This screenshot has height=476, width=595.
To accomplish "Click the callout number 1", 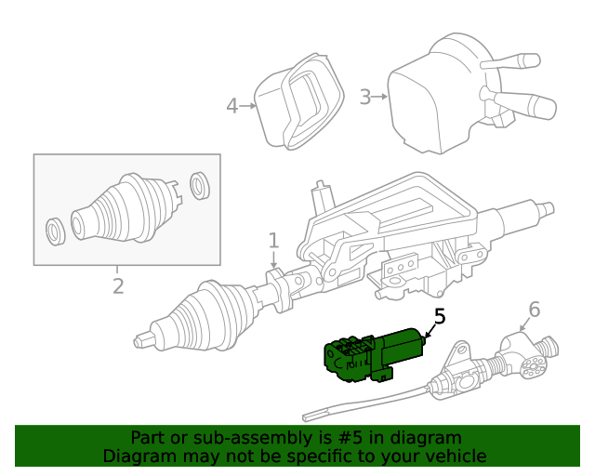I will (x=273, y=241).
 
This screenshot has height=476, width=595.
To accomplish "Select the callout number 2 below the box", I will (x=118, y=286).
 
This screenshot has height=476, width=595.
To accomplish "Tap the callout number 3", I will (x=365, y=97).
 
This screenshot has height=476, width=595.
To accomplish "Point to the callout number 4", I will (x=231, y=106).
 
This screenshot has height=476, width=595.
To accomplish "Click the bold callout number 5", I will (x=439, y=317).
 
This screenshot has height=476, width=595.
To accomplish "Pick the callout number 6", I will (x=534, y=308).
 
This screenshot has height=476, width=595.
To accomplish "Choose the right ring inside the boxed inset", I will (x=198, y=184).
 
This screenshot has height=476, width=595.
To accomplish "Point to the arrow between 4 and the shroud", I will (x=248, y=106).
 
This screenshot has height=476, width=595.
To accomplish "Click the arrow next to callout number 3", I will (x=379, y=97).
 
